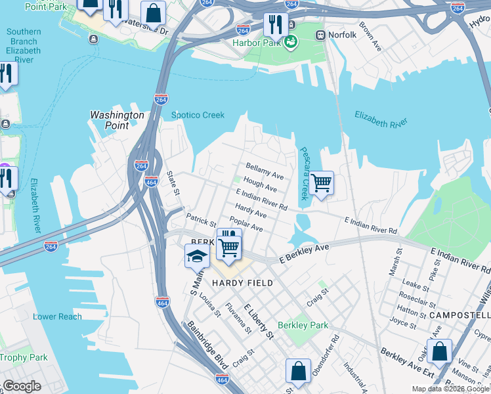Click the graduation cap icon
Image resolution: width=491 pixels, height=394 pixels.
point(197,256)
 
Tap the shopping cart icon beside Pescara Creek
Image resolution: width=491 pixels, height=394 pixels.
point(321,183)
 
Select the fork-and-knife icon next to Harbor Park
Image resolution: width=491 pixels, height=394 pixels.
point(274,25)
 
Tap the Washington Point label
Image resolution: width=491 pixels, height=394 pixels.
point(117,120)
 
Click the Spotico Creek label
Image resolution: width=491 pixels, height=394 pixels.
point(198,116)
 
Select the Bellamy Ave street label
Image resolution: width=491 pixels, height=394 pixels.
point(265,172)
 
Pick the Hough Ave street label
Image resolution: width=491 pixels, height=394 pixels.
point(260,185)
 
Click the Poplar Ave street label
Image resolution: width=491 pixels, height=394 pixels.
point(246,224)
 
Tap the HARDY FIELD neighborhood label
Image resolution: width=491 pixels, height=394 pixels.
point(242,283)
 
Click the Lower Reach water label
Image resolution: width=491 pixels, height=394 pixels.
point(58,317)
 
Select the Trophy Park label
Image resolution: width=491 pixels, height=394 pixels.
point(24,358)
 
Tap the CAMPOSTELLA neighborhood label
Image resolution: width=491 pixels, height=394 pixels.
point(459,315)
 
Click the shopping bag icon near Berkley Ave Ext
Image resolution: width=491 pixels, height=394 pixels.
point(439,351)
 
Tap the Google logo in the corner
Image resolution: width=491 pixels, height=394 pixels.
point(22,386)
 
